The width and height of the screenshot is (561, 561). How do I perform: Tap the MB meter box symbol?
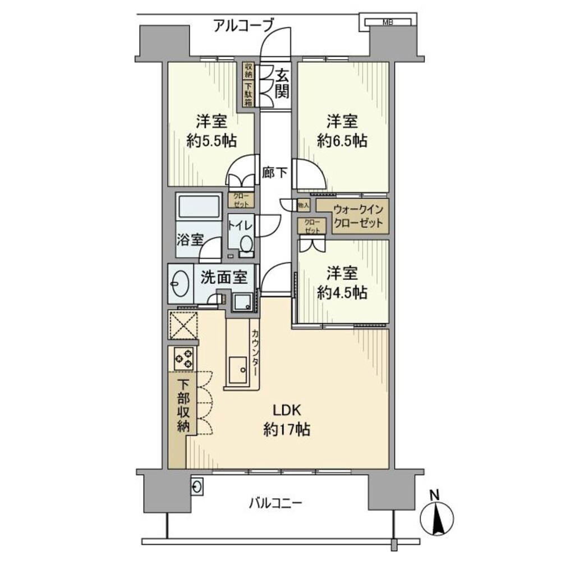(x=387, y=23)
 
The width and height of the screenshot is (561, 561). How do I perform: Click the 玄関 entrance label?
(x=282, y=81)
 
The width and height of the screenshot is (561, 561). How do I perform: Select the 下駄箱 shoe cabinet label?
(x=248, y=93)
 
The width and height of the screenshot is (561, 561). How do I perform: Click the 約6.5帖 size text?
(x=342, y=140)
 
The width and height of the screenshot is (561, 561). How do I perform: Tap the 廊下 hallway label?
(x=274, y=173)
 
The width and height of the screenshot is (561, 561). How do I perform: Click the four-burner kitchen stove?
(x=183, y=358)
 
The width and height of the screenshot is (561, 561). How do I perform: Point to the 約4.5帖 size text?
(x=342, y=292)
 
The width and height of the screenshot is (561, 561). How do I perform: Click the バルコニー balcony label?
(x=275, y=503)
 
